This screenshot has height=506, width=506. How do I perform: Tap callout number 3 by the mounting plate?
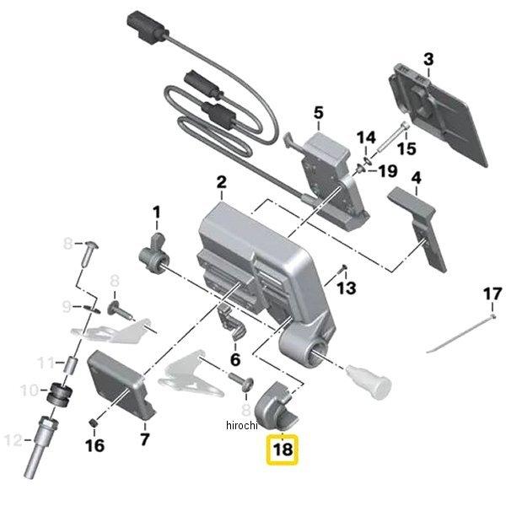tap(428, 59)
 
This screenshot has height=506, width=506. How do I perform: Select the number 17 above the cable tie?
tap(493, 294)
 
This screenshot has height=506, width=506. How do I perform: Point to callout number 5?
tap(318, 111)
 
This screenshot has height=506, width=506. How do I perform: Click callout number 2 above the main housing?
tap(221, 182)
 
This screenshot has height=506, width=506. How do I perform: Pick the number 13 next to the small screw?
tap(347, 288)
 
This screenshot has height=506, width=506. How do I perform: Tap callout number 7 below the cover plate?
tap(144, 439)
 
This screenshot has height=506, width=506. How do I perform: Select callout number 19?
tap(387, 171)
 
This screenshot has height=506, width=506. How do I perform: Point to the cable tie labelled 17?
tap(460, 336)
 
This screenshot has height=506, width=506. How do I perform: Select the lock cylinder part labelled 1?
tap(154, 252)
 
